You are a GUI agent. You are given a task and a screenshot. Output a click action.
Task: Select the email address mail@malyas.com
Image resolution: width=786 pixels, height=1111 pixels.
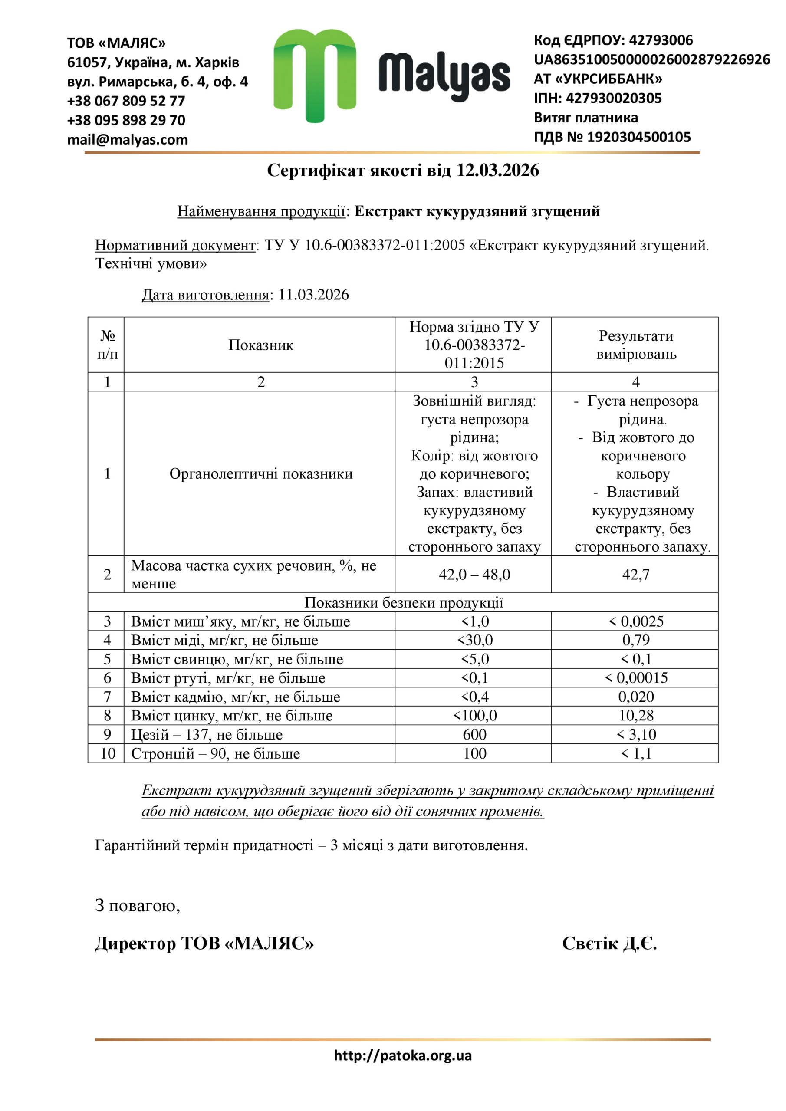127,140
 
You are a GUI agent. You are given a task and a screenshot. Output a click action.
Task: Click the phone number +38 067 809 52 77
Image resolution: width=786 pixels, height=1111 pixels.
126,101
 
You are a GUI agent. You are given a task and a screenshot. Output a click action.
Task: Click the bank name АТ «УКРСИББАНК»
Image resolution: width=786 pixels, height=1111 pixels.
598,79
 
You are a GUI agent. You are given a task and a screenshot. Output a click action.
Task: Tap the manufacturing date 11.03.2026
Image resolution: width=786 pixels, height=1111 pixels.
313,295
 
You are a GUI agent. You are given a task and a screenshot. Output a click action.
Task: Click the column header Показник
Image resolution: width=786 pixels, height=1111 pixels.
260,345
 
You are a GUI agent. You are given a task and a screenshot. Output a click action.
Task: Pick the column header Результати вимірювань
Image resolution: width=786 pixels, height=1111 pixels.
635,345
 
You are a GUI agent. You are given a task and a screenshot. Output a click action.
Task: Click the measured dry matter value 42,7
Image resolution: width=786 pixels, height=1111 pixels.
635,574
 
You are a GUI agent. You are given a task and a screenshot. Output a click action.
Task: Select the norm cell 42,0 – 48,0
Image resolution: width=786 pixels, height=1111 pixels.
474,574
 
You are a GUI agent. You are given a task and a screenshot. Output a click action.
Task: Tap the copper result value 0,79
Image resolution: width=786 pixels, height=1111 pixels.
635,640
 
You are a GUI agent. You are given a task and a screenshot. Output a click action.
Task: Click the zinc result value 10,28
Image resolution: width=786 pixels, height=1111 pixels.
635,715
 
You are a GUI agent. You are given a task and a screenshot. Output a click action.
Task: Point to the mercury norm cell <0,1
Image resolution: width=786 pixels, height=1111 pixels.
474,678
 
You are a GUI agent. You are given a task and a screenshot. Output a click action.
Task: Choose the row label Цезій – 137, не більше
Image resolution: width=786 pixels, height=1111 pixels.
207,735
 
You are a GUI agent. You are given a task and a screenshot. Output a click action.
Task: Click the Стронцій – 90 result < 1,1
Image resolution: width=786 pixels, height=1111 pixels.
635,753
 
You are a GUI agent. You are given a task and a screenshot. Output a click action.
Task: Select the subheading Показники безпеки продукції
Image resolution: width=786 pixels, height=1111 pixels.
404,602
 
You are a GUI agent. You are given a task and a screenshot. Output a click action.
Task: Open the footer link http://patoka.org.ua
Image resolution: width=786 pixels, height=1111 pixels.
403,1055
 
